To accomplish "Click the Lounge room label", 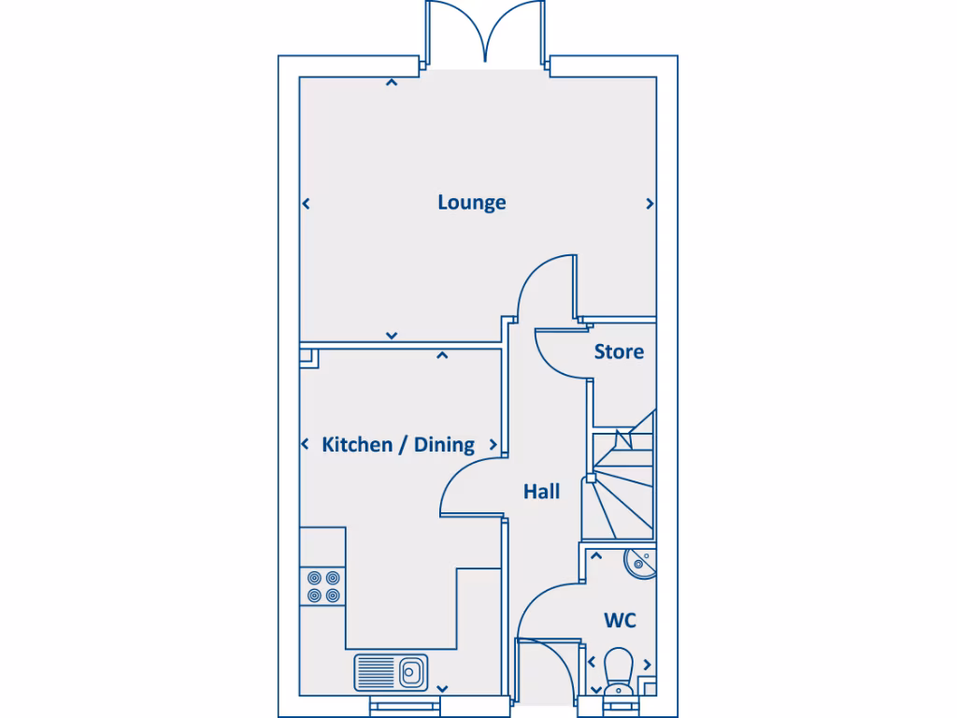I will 472,202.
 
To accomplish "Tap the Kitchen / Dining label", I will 398,444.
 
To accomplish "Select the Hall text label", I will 541,491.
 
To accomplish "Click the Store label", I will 619,352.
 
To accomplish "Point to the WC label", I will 621,620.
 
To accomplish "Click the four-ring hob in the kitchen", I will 322,586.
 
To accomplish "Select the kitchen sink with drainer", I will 391,670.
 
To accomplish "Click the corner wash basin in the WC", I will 639,562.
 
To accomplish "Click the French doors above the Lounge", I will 485,33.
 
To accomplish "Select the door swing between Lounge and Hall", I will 547,285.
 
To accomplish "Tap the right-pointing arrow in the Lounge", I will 650,203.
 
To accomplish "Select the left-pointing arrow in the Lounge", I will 306,203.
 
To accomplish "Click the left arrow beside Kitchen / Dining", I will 306,445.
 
